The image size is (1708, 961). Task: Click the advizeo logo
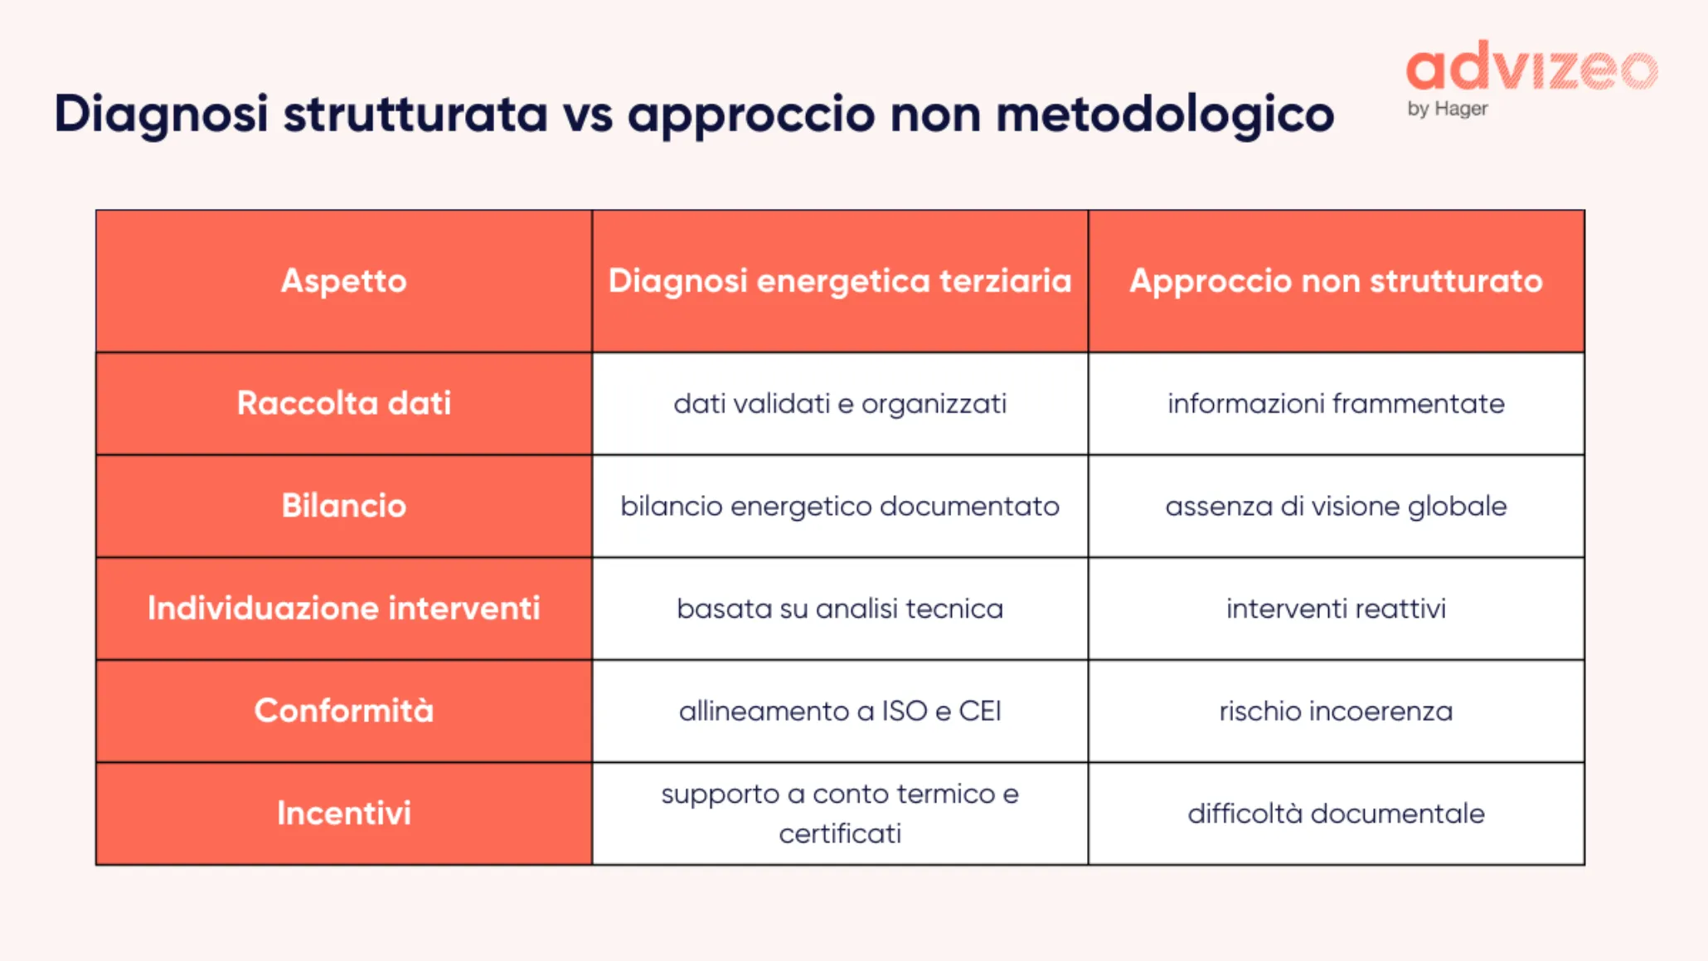1531,67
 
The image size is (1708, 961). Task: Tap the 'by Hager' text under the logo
1447,109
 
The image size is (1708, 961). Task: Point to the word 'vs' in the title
587,114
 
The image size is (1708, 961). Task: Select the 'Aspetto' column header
343,281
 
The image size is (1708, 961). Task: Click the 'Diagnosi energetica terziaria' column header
839,281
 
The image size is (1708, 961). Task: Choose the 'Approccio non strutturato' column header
1336,281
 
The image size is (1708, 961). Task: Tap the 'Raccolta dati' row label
343,403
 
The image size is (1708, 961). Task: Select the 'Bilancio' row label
343,506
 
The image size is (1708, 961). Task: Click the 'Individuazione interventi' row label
343,608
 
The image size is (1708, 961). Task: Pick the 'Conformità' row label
343,711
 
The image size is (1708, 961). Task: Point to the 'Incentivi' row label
343,813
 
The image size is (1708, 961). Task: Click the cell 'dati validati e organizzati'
839,404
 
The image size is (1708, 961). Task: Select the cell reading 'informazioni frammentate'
1336,404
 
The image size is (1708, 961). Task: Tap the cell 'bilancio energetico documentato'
839,506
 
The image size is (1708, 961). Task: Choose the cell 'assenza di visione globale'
1336,506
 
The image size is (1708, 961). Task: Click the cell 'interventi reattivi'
1336,609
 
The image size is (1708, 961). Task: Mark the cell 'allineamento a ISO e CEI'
839,711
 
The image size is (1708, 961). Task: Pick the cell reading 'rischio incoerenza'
1336,711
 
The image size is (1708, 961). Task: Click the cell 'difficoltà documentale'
1336,813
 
